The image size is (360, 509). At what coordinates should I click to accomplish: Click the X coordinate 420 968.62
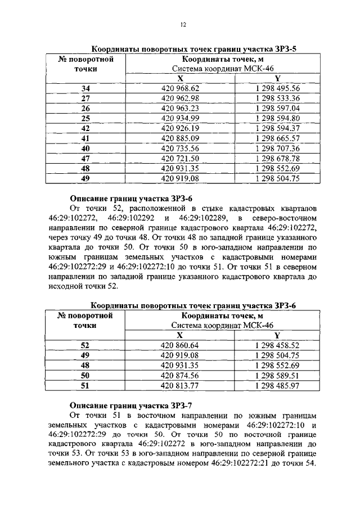click(x=180, y=88)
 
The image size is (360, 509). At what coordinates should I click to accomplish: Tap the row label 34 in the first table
click(x=85, y=88)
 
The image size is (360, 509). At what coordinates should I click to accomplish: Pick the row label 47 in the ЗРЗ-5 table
click(x=85, y=159)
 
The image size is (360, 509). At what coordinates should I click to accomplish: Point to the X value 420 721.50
click(x=180, y=159)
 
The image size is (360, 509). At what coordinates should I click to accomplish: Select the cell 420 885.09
click(x=180, y=138)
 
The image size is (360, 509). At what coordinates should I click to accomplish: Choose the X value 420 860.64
click(x=180, y=345)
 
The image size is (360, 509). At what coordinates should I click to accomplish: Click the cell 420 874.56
click(x=180, y=376)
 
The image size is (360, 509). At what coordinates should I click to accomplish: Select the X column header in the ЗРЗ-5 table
click(x=180, y=78)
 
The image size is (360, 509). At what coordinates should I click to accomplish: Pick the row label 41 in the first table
click(x=85, y=138)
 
